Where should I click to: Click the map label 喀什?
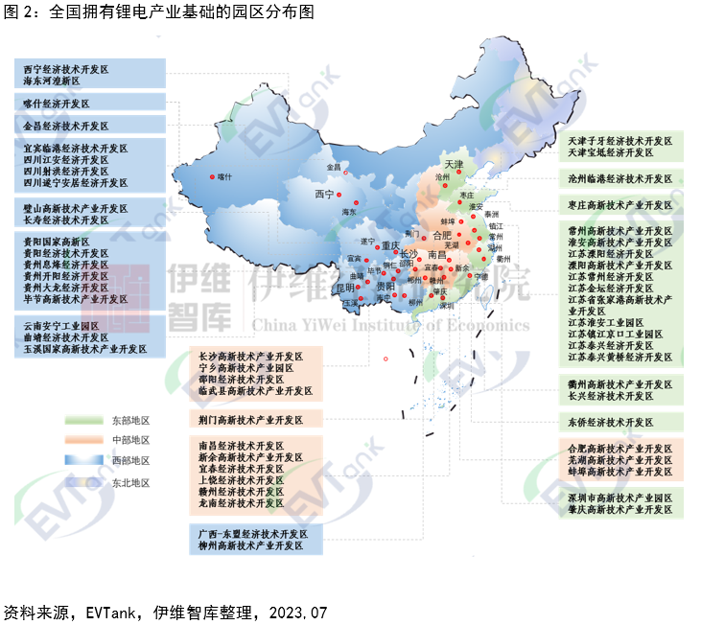pos(225,176)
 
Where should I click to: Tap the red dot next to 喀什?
pos(211,176)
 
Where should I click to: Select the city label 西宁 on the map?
pos(325,195)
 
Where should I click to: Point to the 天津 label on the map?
pos(452,165)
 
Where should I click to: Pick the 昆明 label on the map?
pos(343,287)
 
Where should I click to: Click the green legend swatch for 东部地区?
pos(84,420)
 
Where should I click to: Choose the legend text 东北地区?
pos(130,483)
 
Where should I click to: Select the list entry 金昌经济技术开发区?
pos(66,125)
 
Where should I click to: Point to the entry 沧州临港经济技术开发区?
pos(620,178)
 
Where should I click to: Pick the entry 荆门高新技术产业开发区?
pos(250,419)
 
